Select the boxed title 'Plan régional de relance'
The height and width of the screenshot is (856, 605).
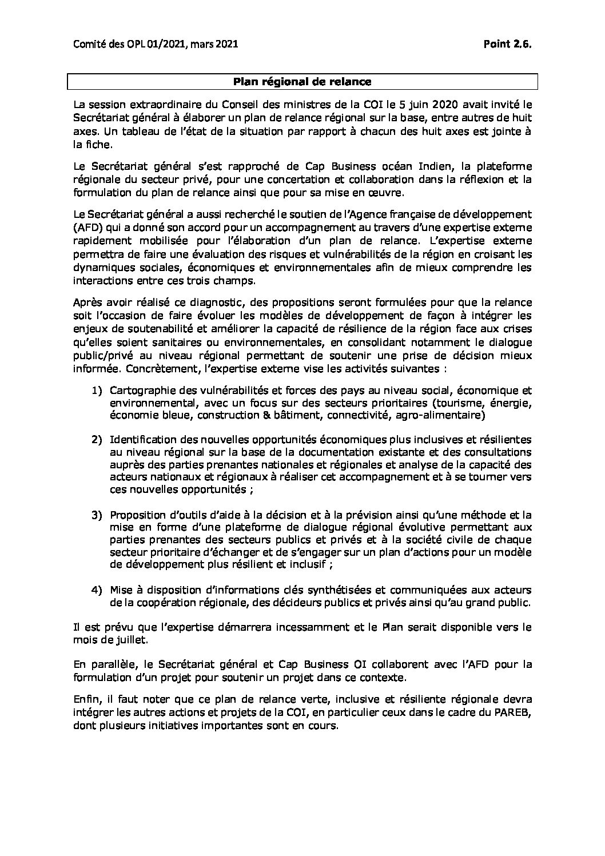point(302,82)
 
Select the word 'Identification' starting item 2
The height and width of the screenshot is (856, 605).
point(140,439)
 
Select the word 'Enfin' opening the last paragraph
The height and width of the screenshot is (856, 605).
point(85,702)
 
